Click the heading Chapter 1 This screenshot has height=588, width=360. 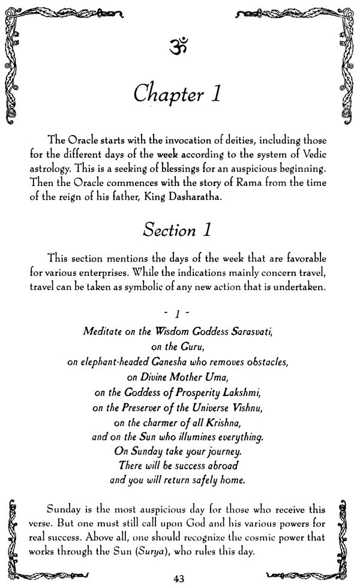[179, 95]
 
